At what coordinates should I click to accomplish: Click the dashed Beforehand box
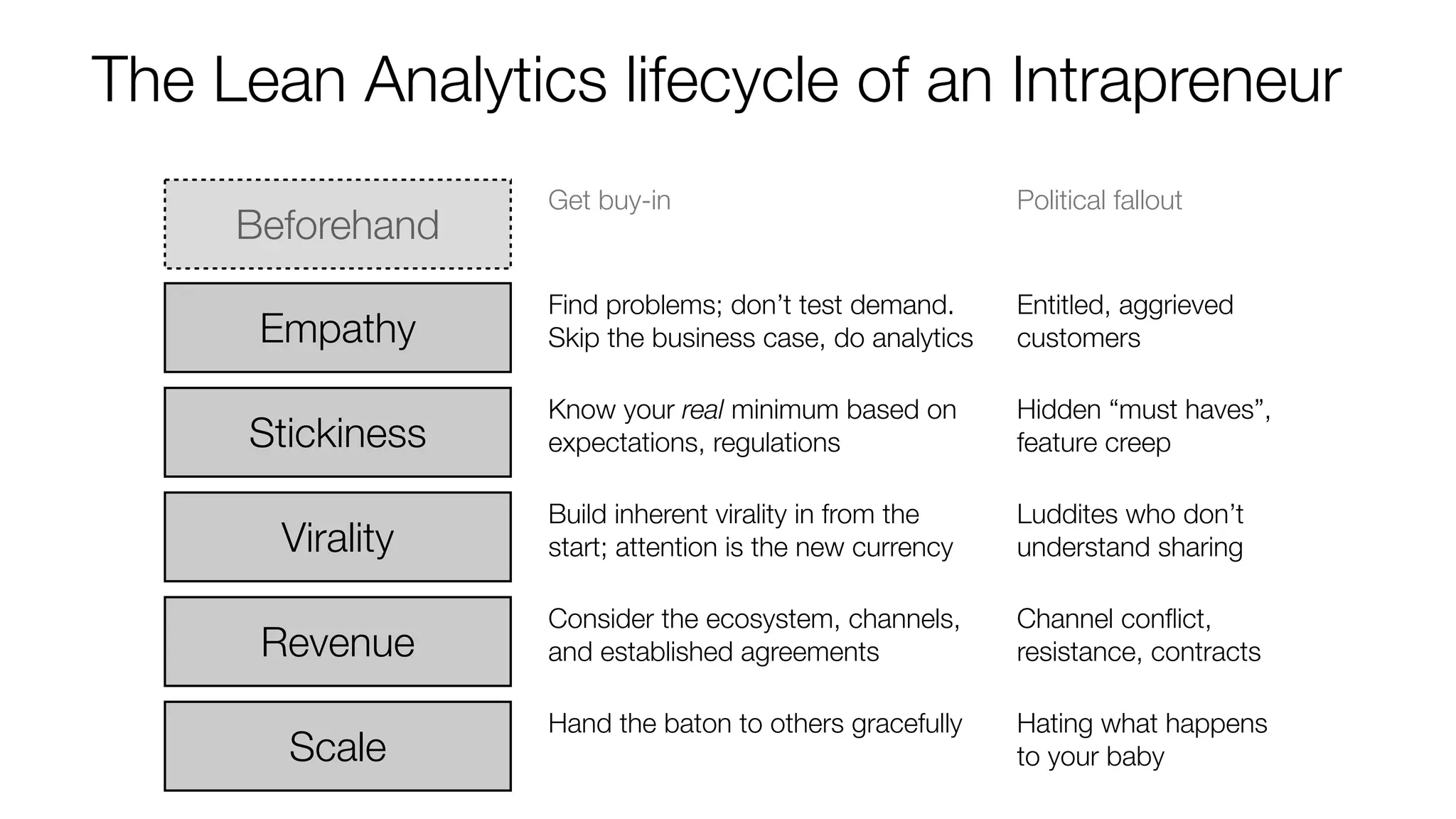[338, 225]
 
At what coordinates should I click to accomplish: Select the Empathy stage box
[338, 328]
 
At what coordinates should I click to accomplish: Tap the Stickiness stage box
[338, 432]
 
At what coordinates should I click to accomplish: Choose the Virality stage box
[338, 537]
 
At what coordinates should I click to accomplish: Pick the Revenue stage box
[338, 641]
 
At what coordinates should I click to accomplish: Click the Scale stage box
[338, 746]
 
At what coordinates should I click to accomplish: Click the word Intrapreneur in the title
[1176, 80]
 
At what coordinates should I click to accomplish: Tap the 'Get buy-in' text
[609, 200]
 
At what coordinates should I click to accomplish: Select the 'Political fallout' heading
[1099, 200]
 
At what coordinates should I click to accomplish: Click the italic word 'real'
[702, 409]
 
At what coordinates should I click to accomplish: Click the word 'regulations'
[776, 443]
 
